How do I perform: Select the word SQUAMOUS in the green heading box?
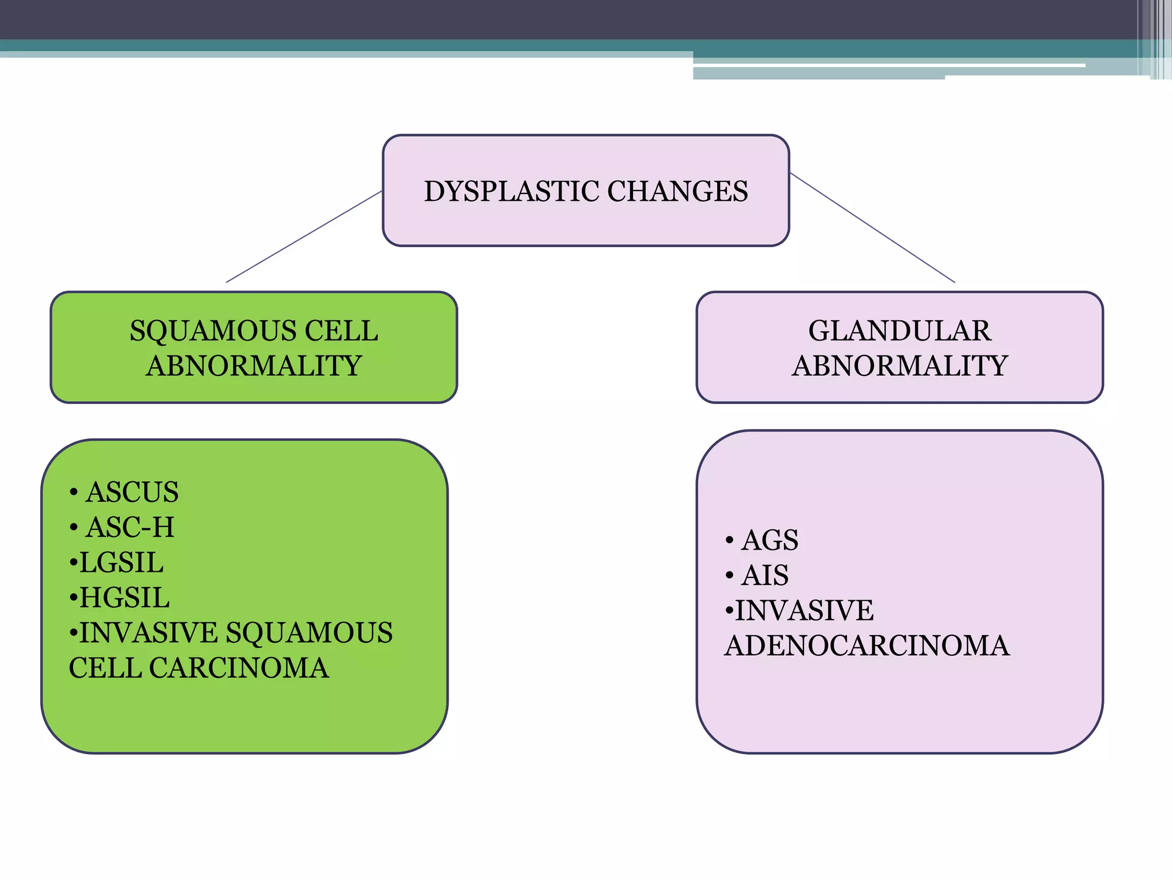pos(213,331)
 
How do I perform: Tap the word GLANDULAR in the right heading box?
pos(899,331)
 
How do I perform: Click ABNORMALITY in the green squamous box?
pos(254,366)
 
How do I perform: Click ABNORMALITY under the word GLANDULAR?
pos(899,366)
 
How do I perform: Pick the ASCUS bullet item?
pos(132,492)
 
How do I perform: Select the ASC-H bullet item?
pos(130,527)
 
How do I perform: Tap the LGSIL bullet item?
pos(121,563)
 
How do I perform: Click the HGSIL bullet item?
pos(124,597)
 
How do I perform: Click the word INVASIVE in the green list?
pos(148,633)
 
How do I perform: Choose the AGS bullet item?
pos(769,540)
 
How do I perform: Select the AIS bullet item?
pos(765,575)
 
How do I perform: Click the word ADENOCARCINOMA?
pos(866,646)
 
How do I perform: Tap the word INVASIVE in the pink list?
pos(804,611)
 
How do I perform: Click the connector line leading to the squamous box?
pos(304,237)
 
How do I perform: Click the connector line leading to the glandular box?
pos(873,228)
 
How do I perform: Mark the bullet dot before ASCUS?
pos(73,493)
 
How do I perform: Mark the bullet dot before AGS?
pos(729,541)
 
